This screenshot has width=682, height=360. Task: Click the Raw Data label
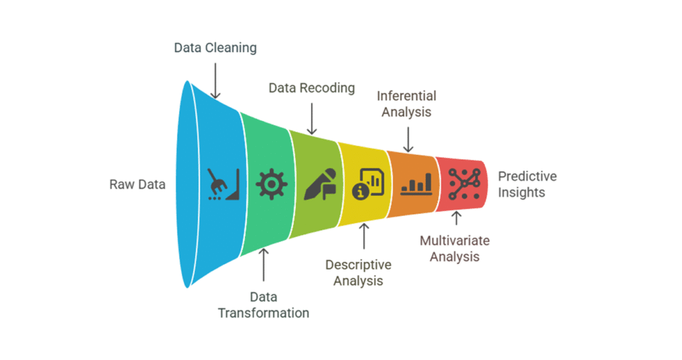[x=137, y=185]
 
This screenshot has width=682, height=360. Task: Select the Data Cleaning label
[x=215, y=48]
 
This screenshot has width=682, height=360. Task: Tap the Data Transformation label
[x=263, y=304]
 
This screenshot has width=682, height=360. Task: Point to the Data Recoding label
[x=312, y=88]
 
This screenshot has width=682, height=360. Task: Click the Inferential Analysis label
[x=408, y=103]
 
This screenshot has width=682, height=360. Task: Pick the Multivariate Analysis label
[x=454, y=249]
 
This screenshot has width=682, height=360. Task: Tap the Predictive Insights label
[x=527, y=184]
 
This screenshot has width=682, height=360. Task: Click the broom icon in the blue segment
[x=223, y=185]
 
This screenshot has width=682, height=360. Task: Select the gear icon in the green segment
[x=271, y=185]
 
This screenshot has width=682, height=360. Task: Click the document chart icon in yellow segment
[x=367, y=185]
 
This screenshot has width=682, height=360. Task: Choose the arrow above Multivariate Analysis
[x=456, y=219]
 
